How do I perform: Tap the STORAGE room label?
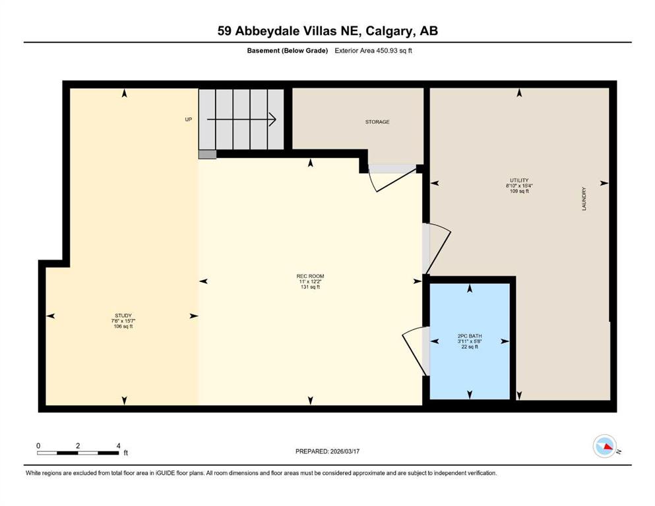point(377,122)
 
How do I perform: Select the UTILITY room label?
point(520,180)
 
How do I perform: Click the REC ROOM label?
point(310,276)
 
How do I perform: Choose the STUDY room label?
point(119,316)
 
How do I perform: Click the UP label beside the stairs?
point(188,120)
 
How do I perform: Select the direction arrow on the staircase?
point(241,120)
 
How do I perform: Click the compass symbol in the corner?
point(604,447)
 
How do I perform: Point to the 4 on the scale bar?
point(118,446)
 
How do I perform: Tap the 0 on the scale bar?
point(39,446)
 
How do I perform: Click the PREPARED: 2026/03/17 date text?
point(327,451)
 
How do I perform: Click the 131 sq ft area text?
point(310,287)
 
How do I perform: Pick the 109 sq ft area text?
point(520,191)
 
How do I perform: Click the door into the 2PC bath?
point(416,349)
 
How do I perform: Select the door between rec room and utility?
point(435,247)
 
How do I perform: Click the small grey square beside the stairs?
point(207,155)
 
